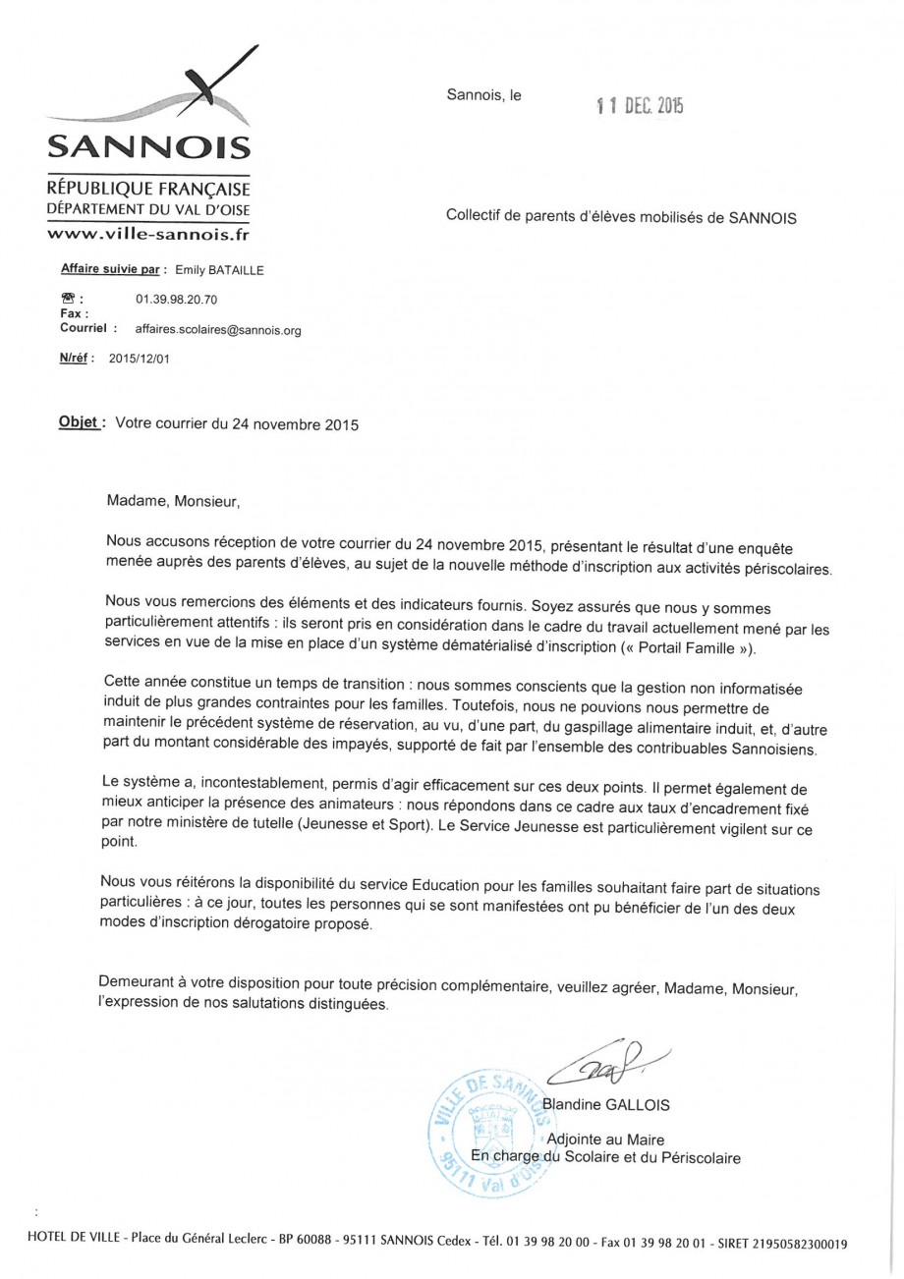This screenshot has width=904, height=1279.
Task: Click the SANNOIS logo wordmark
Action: [148, 147]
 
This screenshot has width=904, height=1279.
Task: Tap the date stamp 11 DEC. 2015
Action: [639, 106]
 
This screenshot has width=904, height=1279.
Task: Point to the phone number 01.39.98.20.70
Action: [176, 298]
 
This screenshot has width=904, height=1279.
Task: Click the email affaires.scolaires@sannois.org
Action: [217, 331]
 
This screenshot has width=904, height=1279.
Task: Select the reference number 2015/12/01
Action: [139, 359]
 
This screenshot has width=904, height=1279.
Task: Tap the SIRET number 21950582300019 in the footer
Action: [800, 1243]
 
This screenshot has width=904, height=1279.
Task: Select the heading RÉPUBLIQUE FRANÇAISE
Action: [148, 189]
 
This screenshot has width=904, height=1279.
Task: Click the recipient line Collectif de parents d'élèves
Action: [621, 217]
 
